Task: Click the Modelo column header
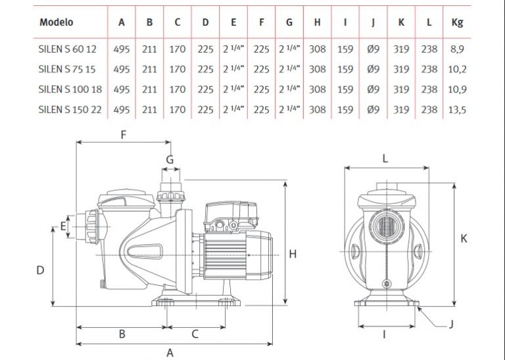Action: pos(57,22)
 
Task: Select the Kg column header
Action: pos(458,22)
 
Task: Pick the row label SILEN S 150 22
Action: pos(70,109)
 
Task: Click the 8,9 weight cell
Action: pos(458,49)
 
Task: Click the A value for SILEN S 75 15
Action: pos(122,69)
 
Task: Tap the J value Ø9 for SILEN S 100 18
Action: pos(373,89)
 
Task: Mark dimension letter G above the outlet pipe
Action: pos(170,159)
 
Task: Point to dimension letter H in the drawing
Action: pos(293,253)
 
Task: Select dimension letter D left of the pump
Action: pos(39,270)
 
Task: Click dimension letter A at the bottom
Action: pos(170,352)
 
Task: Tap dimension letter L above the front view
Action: pos(385,158)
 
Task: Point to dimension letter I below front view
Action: pos(385,334)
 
